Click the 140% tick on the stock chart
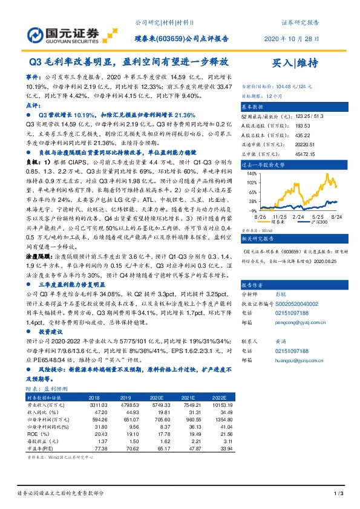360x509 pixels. coord(249,173)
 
